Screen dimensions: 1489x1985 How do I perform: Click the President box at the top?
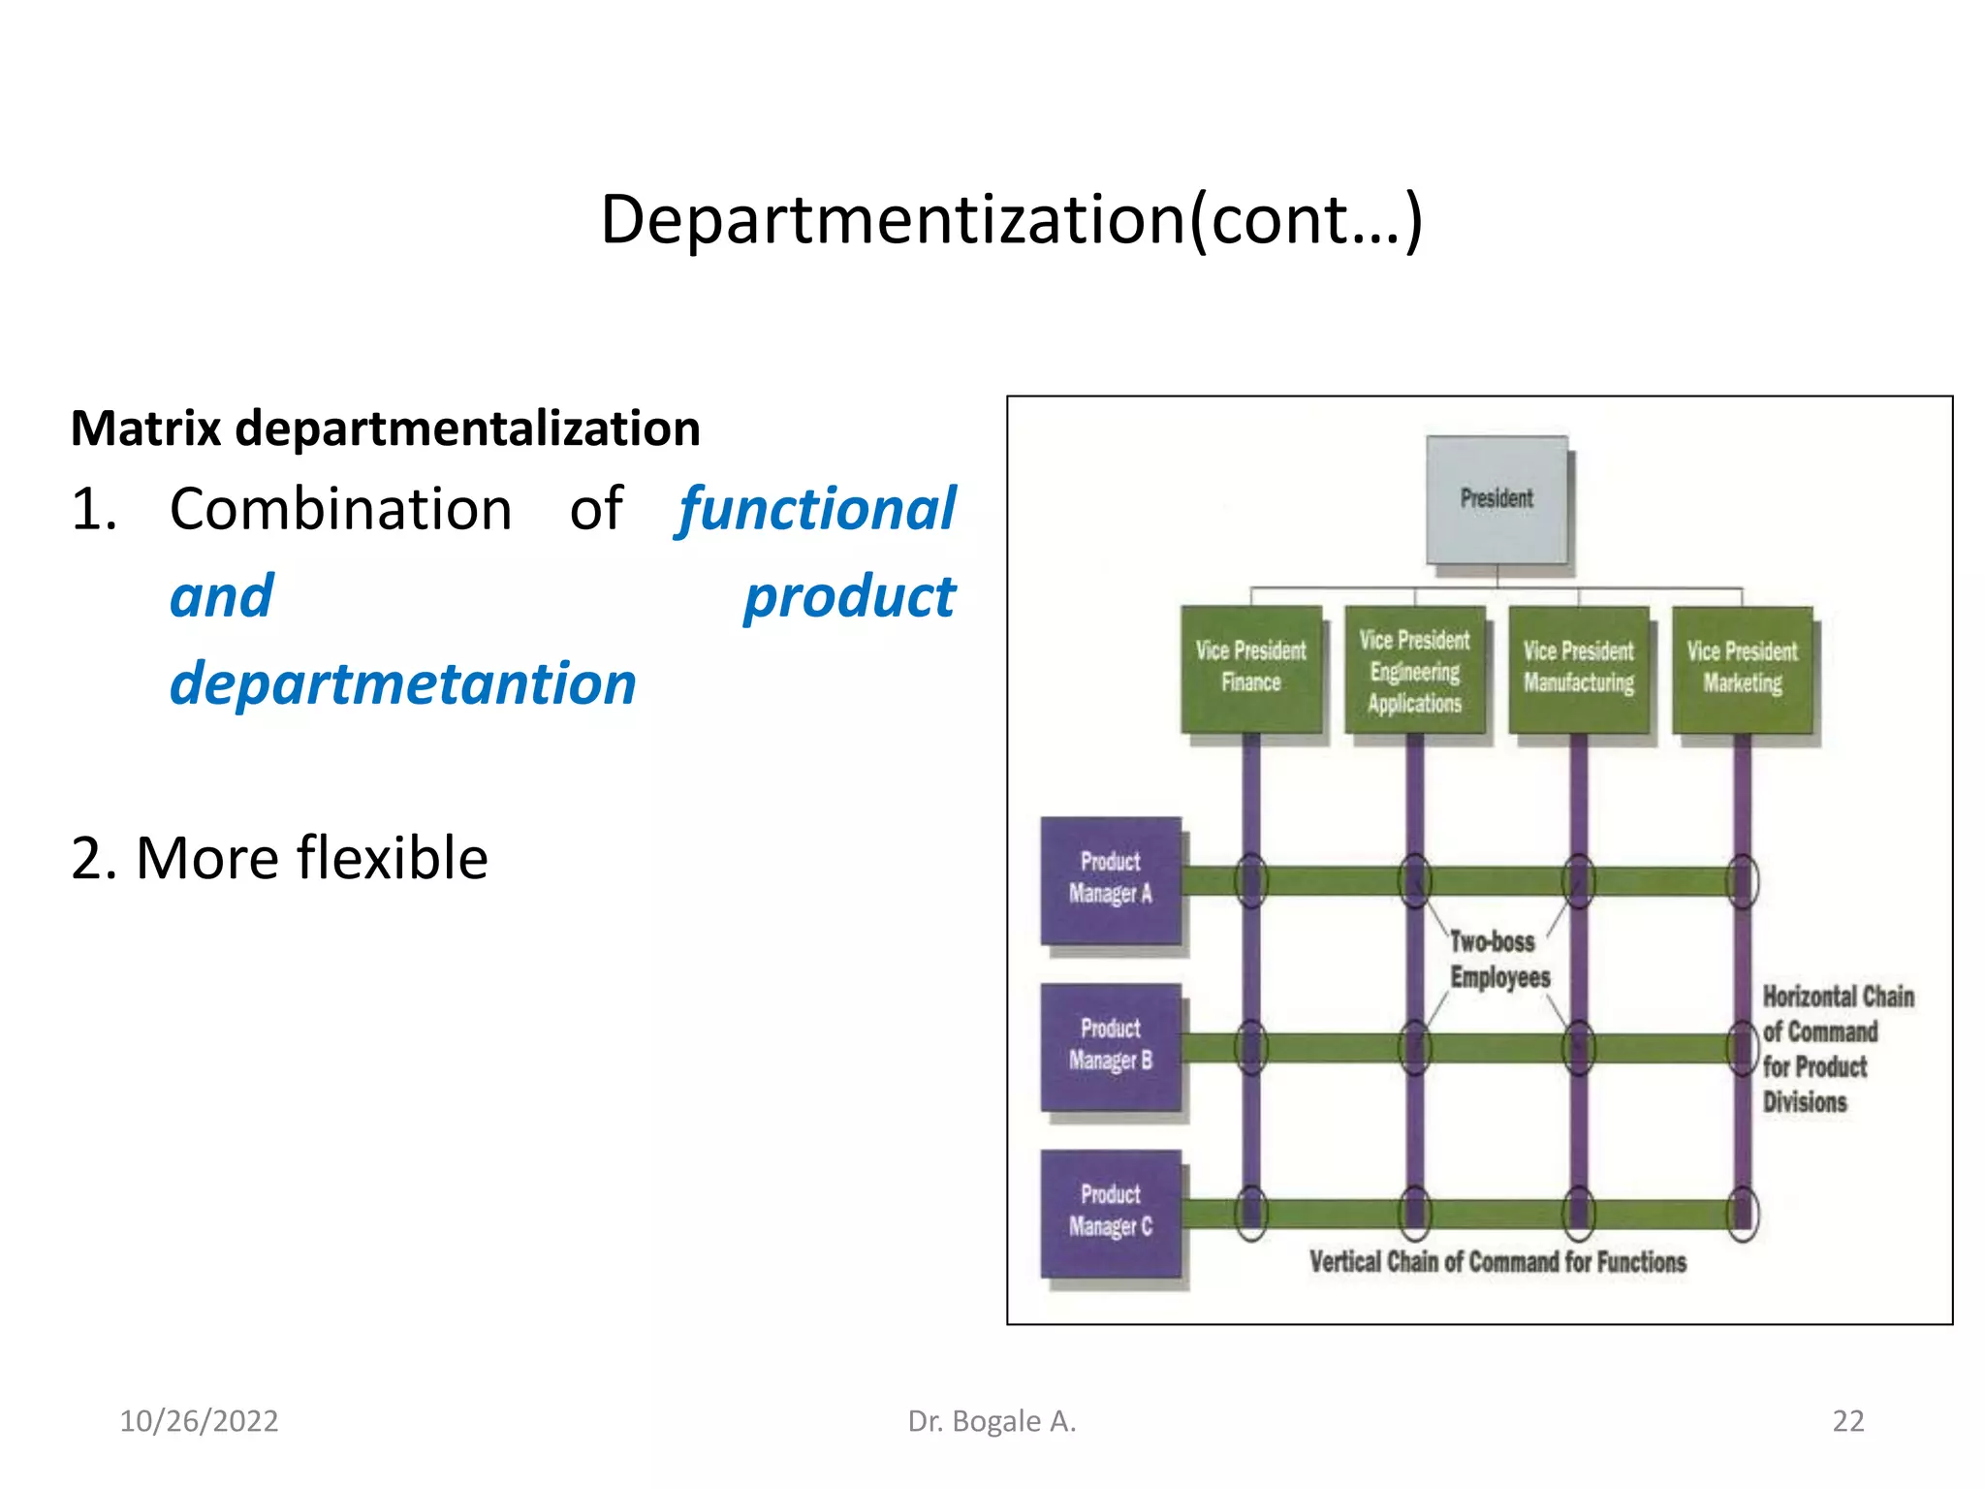click(1497, 499)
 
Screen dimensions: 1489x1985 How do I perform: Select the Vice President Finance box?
click(1250, 668)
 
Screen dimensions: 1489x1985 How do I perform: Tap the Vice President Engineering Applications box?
click(1414, 671)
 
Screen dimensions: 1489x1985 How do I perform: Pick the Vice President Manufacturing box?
click(1578, 668)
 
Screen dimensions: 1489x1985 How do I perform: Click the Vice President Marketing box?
click(1742, 668)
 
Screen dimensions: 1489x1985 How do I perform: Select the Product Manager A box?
click(1111, 879)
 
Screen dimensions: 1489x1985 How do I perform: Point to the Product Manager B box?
click(1111, 1046)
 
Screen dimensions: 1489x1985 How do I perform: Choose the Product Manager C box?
click(1111, 1213)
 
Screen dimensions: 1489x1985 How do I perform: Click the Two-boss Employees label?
click(1497, 960)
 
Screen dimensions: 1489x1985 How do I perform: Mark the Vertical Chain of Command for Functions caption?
click(1497, 1262)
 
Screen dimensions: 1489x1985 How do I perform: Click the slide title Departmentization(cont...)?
click(1011, 220)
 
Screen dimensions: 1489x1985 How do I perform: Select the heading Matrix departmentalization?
click(386, 428)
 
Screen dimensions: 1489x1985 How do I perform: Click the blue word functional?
click(816, 509)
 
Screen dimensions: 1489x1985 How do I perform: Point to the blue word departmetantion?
click(403, 683)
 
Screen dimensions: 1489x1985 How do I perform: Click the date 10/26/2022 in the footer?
click(199, 1421)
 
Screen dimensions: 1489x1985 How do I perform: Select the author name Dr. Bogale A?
click(992, 1421)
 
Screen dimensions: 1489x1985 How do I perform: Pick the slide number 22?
click(1847, 1421)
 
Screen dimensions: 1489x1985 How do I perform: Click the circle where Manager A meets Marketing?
click(1742, 881)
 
